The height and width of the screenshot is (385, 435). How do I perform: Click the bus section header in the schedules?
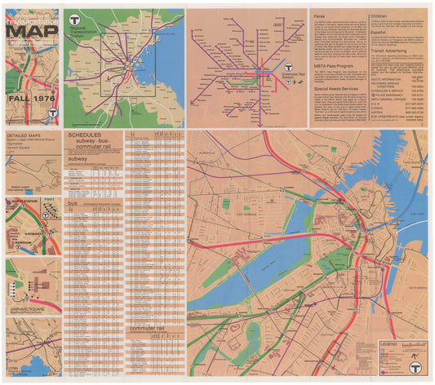click(x=73, y=203)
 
